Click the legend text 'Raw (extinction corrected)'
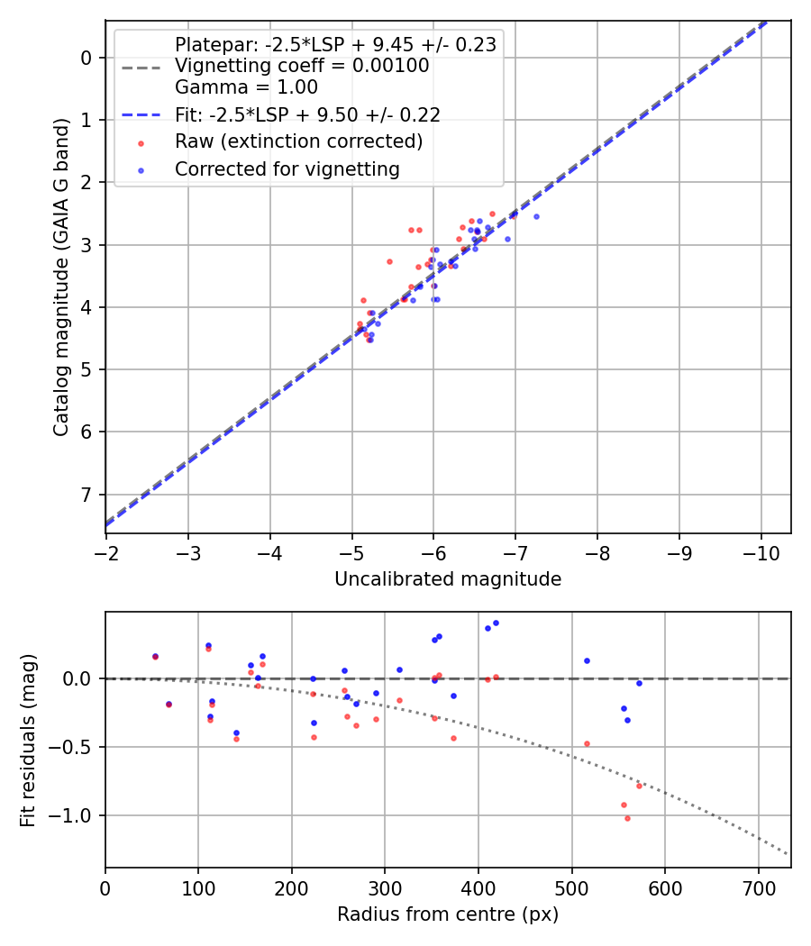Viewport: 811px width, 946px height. (x=298, y=141)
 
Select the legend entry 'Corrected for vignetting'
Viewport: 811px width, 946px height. (x=287, y=168)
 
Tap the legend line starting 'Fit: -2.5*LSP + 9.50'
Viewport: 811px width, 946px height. (x=307, y=114)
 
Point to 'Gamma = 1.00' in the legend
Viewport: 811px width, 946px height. (x=246, y=87)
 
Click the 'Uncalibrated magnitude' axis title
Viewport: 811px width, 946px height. (x=448, y=579)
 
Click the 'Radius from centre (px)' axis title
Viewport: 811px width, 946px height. (x=448, y=914)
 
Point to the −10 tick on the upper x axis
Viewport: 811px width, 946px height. (x=761, y=549)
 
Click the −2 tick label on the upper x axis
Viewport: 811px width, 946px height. (x=105, y=549)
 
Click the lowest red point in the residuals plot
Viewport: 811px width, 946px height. (x=627, y=818)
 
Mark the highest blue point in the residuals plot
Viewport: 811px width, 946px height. (x=496, y=623)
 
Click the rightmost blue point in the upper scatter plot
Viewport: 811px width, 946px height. (x=536, y=216)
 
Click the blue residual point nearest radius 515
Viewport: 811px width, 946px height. (x=587, y=660)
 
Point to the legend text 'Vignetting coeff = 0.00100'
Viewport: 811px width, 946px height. (x=301, y=66)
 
